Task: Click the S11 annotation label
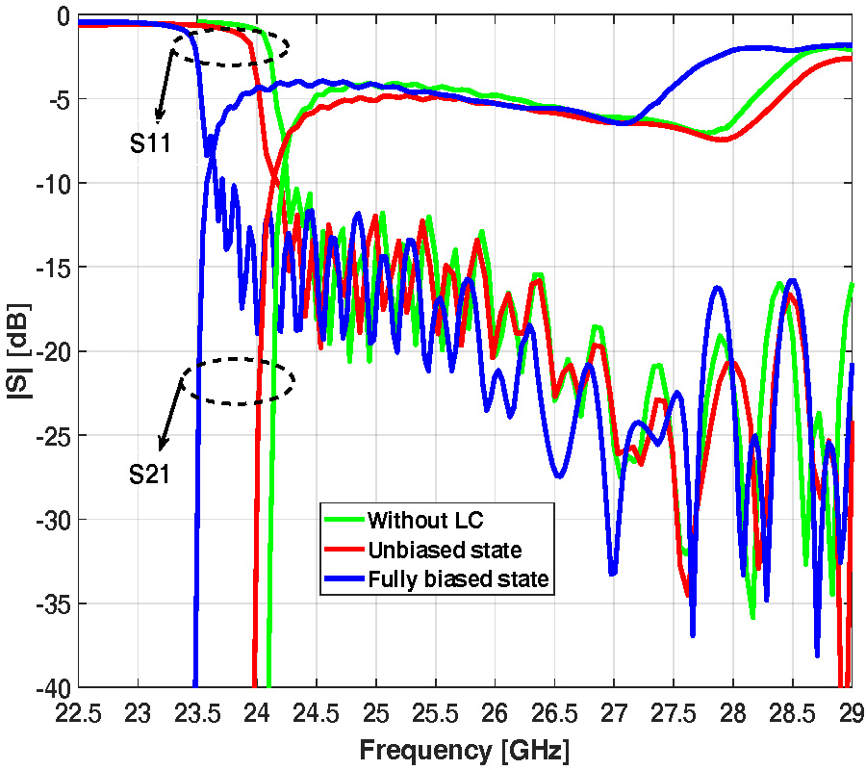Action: [x=150, y=144]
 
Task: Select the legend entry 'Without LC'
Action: [x=425, y=521]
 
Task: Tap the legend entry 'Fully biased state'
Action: [x=458, y=579]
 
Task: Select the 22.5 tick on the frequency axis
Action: [x=79, y=713]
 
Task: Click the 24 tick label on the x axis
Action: [x=257, y=713]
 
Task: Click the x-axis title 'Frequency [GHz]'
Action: [x=465, y=748]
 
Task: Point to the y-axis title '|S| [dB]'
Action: [x=18, y=350]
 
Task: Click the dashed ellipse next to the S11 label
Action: [x=236, y=47]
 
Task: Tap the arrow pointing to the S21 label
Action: [x=171, y=415]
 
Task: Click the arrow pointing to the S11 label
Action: [x=164, y=87]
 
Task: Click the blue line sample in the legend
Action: [x=344, y=579]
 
